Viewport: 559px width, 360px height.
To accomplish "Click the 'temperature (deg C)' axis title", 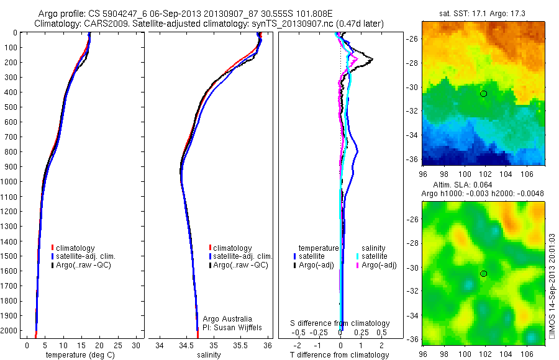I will (79, 355).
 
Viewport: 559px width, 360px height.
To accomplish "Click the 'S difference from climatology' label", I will (340, 323).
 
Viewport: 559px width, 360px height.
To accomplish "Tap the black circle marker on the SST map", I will (483, 94).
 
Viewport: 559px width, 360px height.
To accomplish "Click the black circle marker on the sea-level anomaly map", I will (483, 274).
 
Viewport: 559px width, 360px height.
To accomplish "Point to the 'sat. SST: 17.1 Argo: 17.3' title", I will (483, 12).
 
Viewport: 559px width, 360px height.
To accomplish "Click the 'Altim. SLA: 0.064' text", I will (465, 186).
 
